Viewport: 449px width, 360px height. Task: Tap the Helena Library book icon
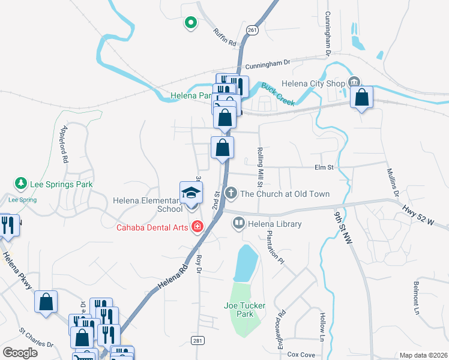click(x=238, y=224)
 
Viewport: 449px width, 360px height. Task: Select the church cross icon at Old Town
click(x=231, y=193)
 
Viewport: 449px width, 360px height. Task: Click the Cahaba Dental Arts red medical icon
click(x=196, y=226)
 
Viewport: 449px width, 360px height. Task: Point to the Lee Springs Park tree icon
click(x=20, y=182)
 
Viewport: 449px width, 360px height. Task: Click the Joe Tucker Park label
click(x=245, y=310)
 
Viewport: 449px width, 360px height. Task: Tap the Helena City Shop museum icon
click(x=354, y=82)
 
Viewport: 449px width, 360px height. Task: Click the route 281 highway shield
click(x=197, y=340)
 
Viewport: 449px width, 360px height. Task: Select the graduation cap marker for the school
click(x=191, y=193)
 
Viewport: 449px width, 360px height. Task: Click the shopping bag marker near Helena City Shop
click(x=362, y=97)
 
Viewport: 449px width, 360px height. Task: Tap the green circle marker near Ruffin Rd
click(x=190, y=23)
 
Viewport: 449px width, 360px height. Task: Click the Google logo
click(x=20, y=353)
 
